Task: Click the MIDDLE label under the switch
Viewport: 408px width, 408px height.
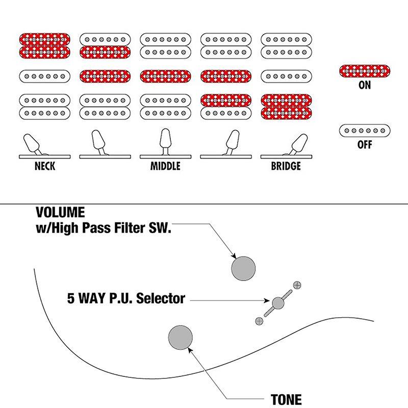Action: click(x=165, y=166)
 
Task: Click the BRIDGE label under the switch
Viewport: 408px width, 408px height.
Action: click(x=286, y=166)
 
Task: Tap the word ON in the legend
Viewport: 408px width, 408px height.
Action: click(x=365, y=85)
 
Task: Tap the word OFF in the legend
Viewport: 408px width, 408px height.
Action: click(x=365, y=145)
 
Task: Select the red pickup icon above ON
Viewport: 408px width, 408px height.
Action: click(x=365, y=71)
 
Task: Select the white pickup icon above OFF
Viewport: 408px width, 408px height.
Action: click(x=365, y=131)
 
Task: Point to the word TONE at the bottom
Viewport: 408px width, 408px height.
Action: click(x=287, y=399)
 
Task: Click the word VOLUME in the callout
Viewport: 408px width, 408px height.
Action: click(x=60, y=212)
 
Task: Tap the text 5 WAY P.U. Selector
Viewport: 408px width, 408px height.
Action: click(x=126, y=298)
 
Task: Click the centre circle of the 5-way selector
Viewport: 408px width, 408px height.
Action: click(x=278, y=303)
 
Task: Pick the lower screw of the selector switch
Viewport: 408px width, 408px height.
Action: click(x=259, y=320)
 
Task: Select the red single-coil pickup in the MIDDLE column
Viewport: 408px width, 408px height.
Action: click(x=165, y=76)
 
